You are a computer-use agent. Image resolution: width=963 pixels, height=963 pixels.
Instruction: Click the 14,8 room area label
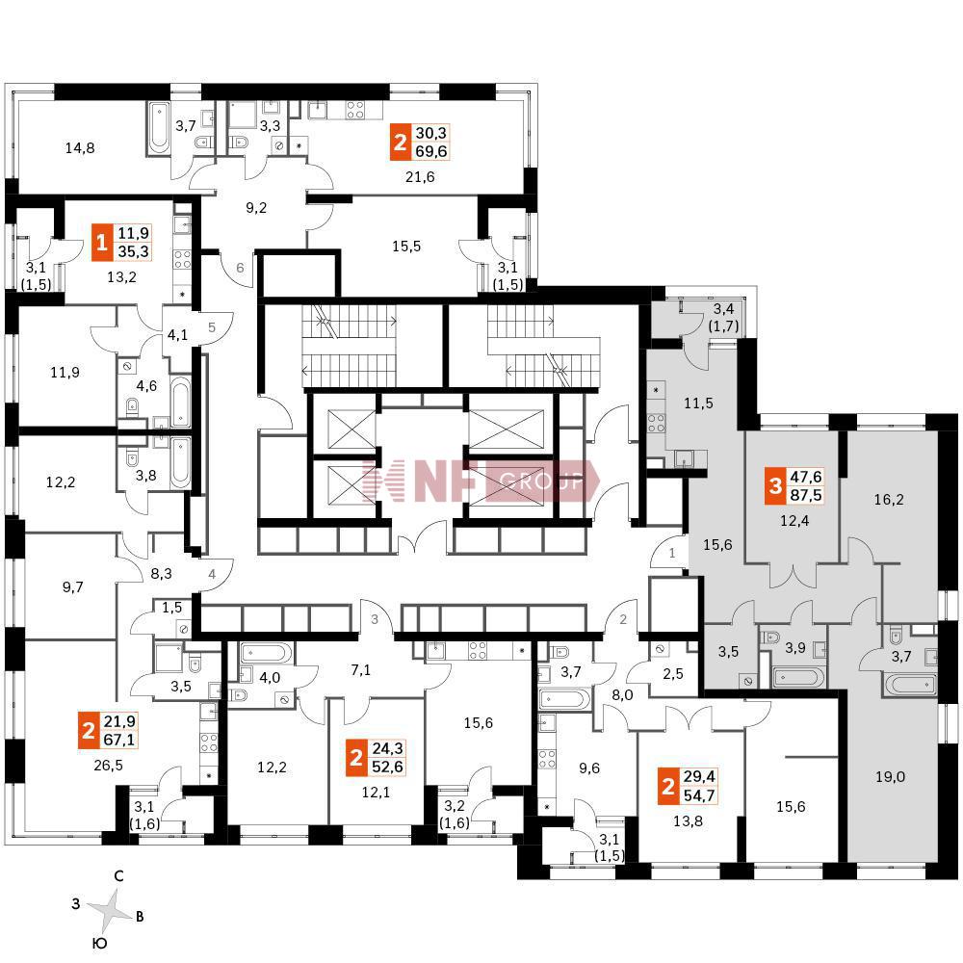[80, 148]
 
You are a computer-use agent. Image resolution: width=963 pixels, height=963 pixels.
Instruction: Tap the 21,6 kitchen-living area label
[422, 176]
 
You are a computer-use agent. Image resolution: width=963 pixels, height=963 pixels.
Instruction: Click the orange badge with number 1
[101, 242]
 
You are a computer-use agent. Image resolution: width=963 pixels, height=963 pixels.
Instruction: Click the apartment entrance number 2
[623, 619]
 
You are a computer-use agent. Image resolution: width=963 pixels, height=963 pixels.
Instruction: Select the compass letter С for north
[118, 877]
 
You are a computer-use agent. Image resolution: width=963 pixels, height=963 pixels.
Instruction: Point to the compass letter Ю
[99, 945]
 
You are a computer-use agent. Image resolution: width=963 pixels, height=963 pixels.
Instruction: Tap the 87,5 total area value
[806, 497]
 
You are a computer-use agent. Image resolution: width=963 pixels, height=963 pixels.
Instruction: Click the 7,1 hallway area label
[361, 670]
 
